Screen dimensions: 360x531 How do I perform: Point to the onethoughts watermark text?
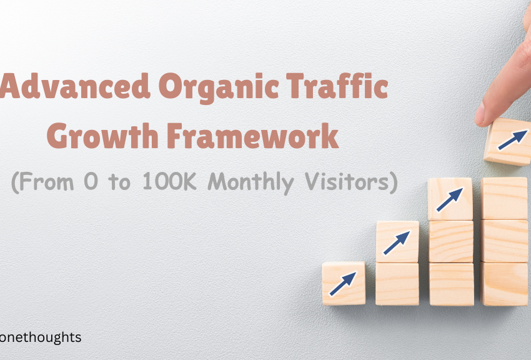point(41,337)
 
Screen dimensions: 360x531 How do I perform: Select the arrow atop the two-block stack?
point(397,242)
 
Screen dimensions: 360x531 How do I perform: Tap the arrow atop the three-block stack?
point(450,199)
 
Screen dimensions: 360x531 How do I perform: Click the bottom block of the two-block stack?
point(397,284)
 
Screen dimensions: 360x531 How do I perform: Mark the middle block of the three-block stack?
point(450,241)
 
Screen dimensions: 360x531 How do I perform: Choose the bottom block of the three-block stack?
point(450,284)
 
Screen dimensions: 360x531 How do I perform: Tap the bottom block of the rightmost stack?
point(505,284)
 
